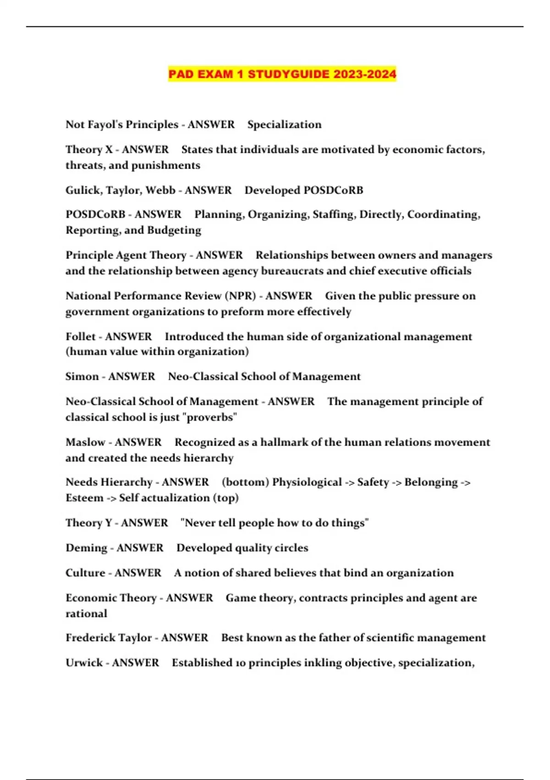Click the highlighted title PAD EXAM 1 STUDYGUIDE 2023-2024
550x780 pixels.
[282, 74]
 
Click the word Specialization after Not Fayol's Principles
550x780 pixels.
[284, 124]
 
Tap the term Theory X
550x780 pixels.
[89, 150]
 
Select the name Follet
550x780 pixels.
[80, 337]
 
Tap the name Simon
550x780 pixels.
[82, 377]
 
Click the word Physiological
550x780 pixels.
[307, 482]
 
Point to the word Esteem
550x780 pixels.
[84, 498]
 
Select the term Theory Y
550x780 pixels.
[88, 523]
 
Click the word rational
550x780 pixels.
[86, 613]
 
